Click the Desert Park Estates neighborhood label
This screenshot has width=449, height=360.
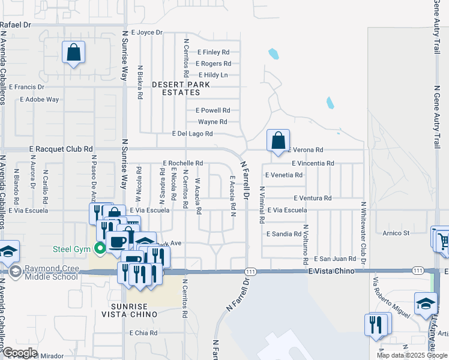tap(181, 89)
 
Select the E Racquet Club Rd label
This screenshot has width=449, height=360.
tap(61, 149)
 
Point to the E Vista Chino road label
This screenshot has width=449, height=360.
tap(328, 272)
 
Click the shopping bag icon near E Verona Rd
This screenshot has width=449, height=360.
tap(278, 141)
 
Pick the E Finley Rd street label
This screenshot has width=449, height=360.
tap(213, 52)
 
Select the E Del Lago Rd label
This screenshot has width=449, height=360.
tap(192, 134)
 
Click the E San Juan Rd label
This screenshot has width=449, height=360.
tap(335, 259)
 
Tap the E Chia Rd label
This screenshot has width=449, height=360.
tap(143, 332)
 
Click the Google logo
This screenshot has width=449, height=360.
tap(19, 353)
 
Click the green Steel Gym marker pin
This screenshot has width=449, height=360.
tap(100, 247)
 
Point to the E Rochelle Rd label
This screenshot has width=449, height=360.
tap(183, 163)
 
